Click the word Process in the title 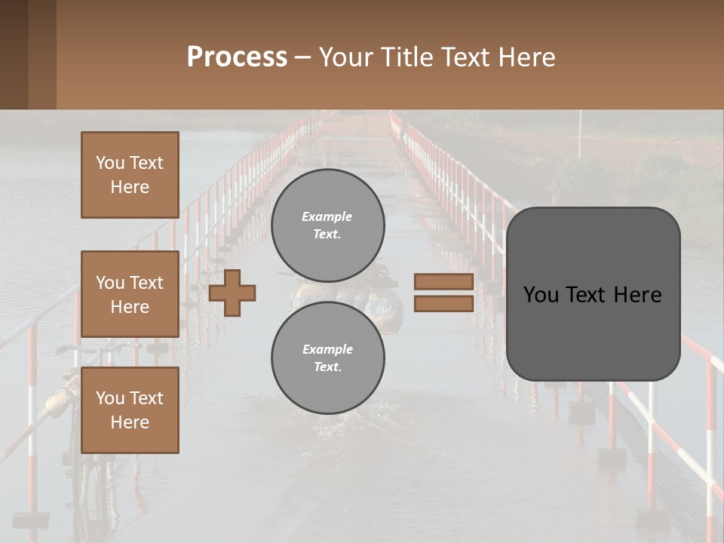tap(237, 57)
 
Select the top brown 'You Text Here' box tap(130, 175)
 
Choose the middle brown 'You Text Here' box tap(130, 294)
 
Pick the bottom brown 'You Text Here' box tap(130, 410)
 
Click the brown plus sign tap(232, 293)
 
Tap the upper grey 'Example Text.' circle tap(327, 225)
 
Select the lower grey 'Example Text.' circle tap(327, 358)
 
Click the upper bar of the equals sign tap(443, 281)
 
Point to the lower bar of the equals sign tap(443, 303)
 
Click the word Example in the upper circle tap(327, 217)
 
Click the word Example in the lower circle tap(327, 350)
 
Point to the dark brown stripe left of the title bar tap(28, 54)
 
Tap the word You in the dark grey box tap(541, 295)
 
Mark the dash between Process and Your tap(303, 57)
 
